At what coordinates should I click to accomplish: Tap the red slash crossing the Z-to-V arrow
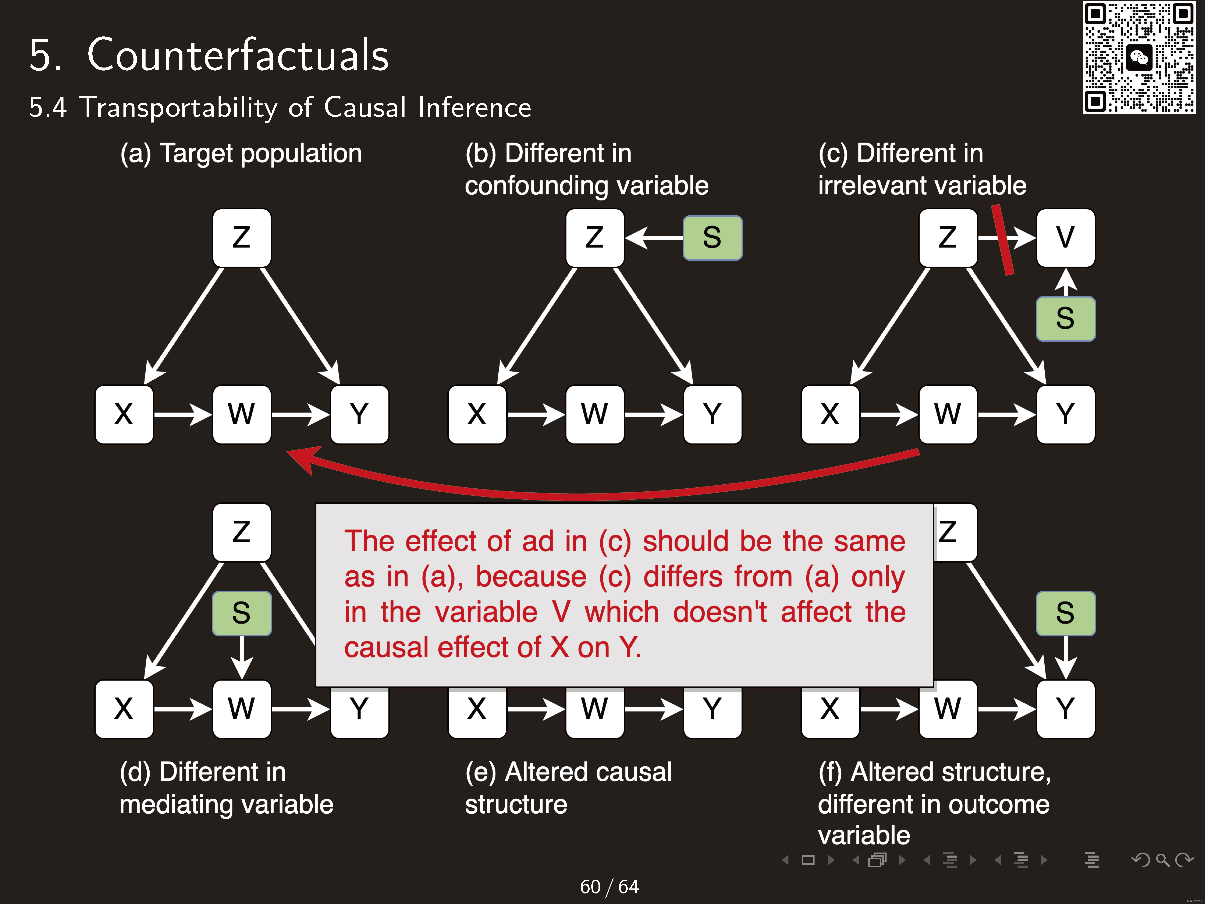click(x=1002, y=240)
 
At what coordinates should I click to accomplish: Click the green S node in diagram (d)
click(x=241, y=613)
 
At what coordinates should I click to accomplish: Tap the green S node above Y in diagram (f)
click(x=1065, y=613)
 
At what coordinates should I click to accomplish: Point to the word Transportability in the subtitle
click(x=179, y=107)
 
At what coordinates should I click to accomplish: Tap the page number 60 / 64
click(x=609, y=887)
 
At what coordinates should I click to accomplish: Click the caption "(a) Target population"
click(x=241, y=153)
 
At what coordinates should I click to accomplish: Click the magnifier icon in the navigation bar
click(x=1162, y=860)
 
